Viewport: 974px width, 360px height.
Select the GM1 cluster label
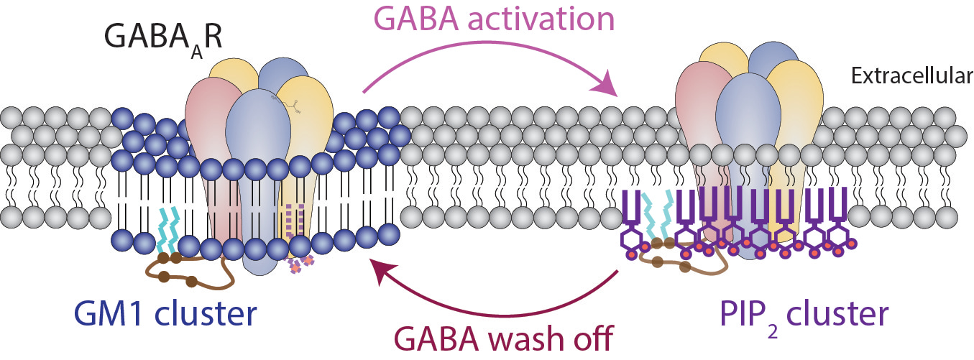pyautogui.click(x=165, y=315)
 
